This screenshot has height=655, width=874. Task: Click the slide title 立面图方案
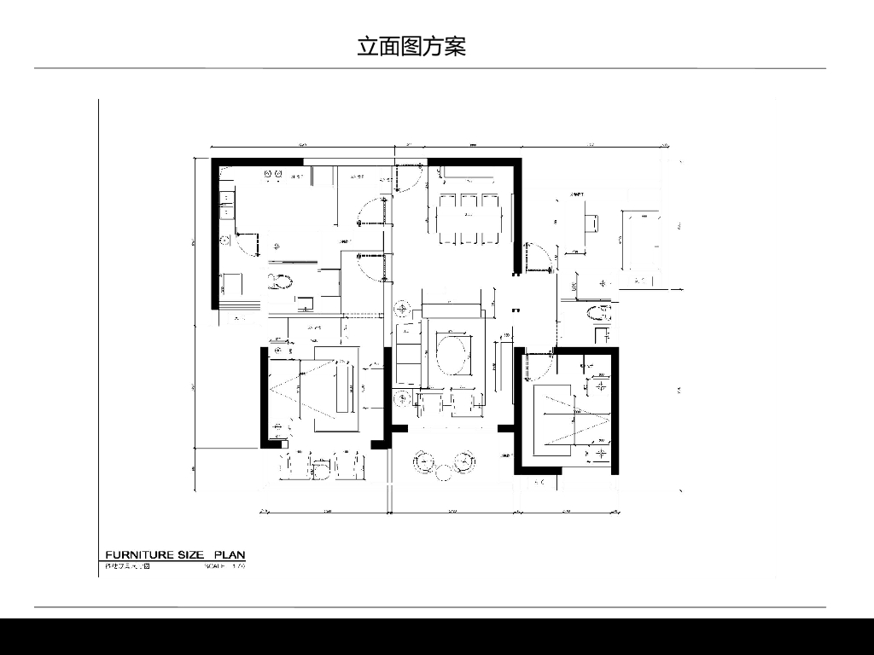(x=411, y=46)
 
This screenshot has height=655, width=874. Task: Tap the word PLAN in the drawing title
(x=229, y=555)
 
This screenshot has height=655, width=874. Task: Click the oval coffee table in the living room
(x=452, y=351)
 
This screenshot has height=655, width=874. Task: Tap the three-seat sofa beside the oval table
(x=409, y=352)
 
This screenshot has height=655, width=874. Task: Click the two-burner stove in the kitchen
(x=275, y=174)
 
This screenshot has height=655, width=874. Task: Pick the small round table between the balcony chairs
(x=444, y=471)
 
